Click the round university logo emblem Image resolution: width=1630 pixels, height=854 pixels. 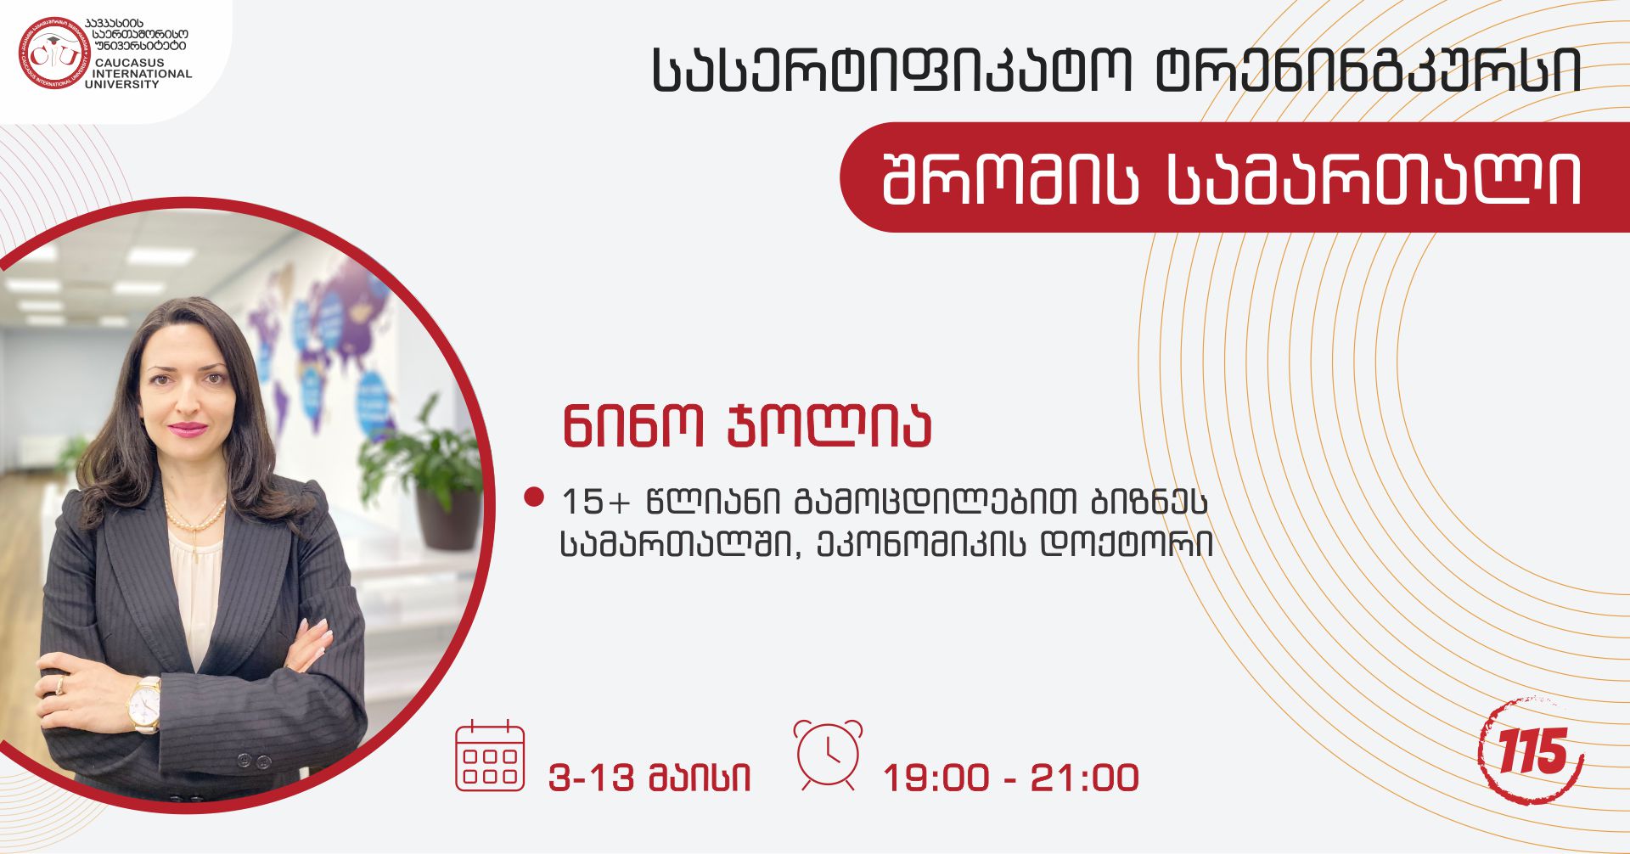click(54, 53)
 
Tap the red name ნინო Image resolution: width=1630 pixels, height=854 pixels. click(632, 426)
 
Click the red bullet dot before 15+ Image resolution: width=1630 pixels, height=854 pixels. click(534, 497)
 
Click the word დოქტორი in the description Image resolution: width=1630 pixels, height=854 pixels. click(1127, 544)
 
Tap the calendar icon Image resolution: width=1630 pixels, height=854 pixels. click(490, 756)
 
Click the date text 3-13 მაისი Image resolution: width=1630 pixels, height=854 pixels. click(649, 778)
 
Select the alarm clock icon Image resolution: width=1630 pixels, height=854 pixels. click(828, 755)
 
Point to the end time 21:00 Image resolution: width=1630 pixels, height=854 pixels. click(1084, 778)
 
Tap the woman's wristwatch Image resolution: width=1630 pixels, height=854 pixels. click(144, 704)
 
